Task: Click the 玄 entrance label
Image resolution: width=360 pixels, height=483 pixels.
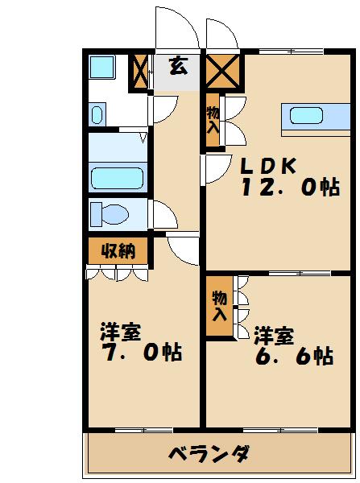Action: (x=179, y=68)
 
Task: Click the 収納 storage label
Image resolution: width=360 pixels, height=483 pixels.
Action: (x=118, y=250)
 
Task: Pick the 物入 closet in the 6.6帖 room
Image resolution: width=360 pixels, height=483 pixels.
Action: (x=217, y=307)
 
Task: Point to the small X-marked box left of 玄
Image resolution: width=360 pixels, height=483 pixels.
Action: (x=139, y=71)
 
